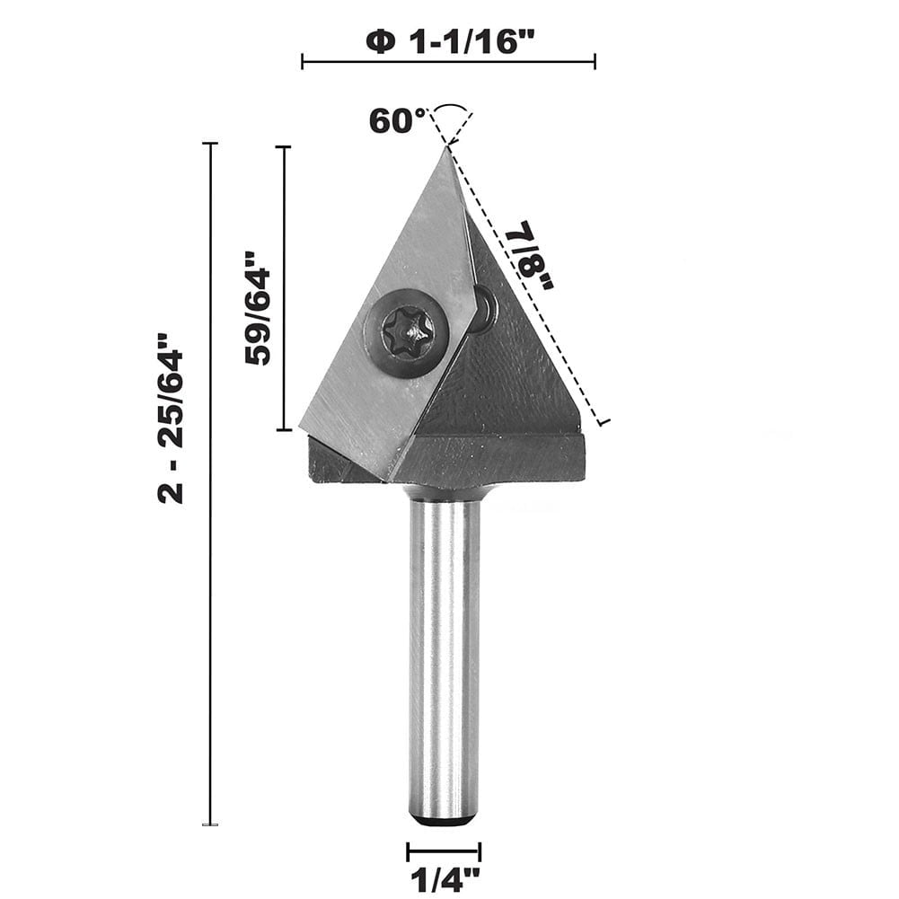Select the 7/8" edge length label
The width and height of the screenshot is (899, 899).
pyautogui.click(x=531, y=256)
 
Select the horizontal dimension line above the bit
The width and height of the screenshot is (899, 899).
pyautogui.click(x=448, y=62)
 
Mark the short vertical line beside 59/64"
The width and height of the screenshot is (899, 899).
pyautogui.click(x=285, y=287)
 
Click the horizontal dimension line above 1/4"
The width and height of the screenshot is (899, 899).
pyautogui.click(x=444, y=851)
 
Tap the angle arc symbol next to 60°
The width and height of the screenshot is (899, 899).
pyautogui.click(x=450, y=111)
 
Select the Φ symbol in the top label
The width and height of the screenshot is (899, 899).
pyautogui.click(x=380, y=40)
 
